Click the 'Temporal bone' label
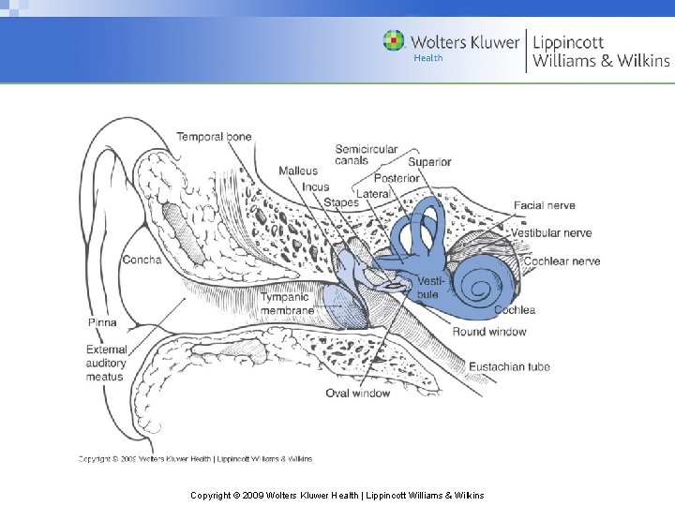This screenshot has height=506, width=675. point(214,137)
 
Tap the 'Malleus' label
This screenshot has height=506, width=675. point(298,171)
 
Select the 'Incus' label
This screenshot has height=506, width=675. point(315,186)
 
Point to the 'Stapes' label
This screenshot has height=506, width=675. point(341,201)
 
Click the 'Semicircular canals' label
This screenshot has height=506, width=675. point(366,155)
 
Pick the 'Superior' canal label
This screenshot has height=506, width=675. point(429,162)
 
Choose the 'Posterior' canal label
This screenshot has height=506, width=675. point(397,178)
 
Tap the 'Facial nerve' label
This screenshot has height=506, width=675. point(544,205)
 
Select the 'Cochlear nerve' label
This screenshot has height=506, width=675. point(562,260)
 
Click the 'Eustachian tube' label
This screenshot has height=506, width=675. point(509,366)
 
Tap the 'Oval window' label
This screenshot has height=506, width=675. point(357,394)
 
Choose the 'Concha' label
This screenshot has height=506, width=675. point(142,260)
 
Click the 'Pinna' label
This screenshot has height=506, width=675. point(102,322)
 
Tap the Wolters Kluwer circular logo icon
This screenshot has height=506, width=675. point(394,41)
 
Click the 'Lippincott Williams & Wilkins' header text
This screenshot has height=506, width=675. point(601,52)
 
